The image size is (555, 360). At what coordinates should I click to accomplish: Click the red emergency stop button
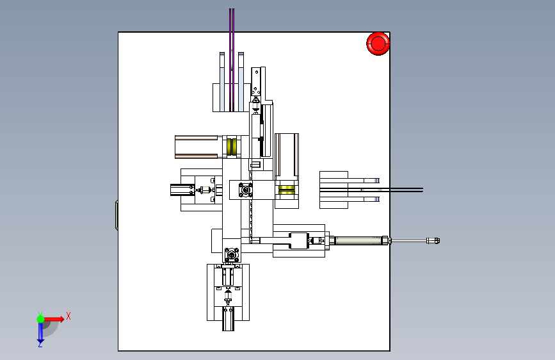click(x=378, y=44)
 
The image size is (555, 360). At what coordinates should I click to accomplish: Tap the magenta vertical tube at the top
click(x=232, y=60)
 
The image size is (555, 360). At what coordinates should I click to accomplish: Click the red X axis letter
click(x=68, y=316)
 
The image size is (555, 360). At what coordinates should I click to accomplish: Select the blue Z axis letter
click(x=40, y=344)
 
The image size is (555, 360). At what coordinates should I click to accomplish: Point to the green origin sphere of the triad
click(x=41, y=319)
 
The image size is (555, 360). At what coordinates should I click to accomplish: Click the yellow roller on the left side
click(x=232, y=147)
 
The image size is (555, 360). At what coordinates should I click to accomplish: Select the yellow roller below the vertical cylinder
click(x=286, y=190)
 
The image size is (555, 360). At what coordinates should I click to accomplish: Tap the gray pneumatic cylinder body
click(x=358, y=241)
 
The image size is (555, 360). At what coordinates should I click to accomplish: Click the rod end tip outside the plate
click(x=433, y=241)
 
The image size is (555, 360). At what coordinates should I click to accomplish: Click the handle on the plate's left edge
click(x=117, y=215)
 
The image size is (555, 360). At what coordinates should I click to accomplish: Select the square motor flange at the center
click(x=245, y=190)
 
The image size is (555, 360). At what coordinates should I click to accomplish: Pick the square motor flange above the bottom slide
click(x=232, y=255)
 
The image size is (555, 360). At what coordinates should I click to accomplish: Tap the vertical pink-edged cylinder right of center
click(x=287, y=155)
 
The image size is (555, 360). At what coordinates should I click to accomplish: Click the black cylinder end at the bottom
click(x=228, y=319)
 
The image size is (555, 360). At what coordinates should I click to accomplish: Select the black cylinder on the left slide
click(x=182, y=190)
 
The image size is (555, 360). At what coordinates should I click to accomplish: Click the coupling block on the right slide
click(x=299, y=241)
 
